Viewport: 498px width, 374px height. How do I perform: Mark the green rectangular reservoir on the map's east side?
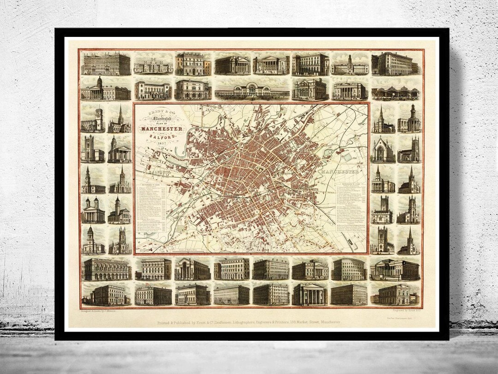[x=347, y=157]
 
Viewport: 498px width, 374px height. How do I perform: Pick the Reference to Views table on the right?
[x=353, y=208]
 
